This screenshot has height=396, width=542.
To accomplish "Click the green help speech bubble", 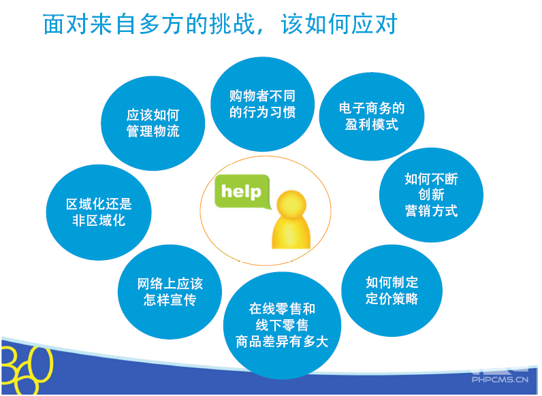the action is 242,191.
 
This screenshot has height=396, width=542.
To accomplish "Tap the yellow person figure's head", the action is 291,204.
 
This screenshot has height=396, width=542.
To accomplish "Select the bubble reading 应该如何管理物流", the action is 153,123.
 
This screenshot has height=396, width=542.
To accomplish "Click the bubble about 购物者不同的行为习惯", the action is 262,104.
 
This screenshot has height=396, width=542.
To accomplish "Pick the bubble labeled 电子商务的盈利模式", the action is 372,116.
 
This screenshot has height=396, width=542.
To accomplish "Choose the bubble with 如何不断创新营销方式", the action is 431,195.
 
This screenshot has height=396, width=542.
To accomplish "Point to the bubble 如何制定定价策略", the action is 392,291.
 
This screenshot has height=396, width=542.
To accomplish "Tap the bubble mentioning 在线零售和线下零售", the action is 282,325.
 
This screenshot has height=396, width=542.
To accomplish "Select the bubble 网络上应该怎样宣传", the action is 170,292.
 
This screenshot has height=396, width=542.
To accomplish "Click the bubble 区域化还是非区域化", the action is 99,212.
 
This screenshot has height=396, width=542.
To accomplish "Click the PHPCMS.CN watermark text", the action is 500,380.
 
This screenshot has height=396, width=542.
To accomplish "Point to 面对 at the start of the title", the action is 65,24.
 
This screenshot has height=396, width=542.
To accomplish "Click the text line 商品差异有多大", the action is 282,342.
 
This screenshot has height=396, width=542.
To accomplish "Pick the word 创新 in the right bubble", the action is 432,195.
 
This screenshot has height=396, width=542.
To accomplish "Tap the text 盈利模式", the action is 372,125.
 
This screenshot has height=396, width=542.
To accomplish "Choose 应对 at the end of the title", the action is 374,24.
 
